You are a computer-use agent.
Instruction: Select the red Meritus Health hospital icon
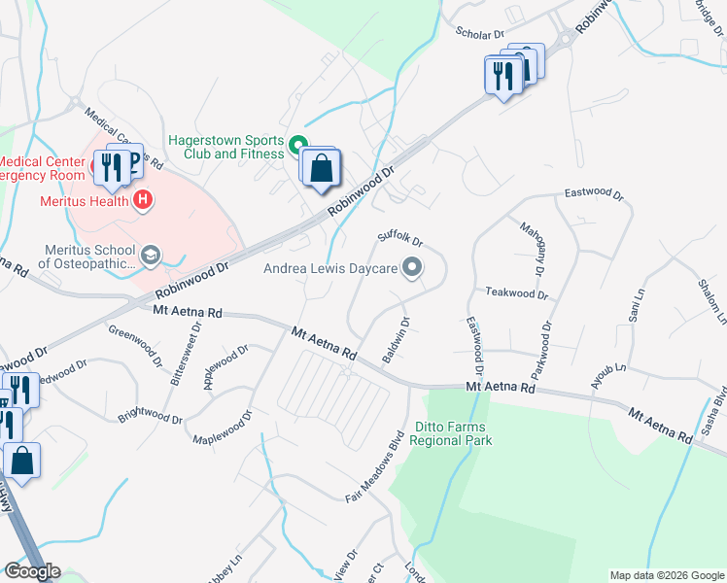(x=144, y=201)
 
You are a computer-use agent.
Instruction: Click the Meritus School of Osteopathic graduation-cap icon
(x=151, y=256)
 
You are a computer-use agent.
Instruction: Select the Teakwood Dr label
(x=517, y=292)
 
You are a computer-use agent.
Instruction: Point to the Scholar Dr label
(x=480, y=33)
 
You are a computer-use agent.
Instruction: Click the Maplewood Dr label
(x=223, y=425)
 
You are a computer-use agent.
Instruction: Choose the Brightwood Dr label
(x=150, y=415)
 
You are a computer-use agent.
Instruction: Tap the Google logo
(x=32, y=571)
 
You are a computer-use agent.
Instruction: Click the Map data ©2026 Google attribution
(x=666, y=575)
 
